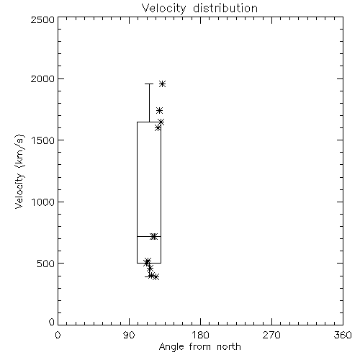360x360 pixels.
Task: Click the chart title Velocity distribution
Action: pyautogui.click(x=199, y=8)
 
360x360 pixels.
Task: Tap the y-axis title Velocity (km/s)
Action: pyautogui.click(x=19, y=171)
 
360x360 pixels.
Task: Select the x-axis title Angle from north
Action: pyautogui.click(x=199, y=347)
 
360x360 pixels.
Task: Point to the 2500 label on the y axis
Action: pyautogui.click(x=42, y=19)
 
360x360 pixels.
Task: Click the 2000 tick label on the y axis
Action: pyautogui.click(x=42, y=78)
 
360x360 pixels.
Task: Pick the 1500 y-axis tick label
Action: pyautogui.click(x=43, y=140)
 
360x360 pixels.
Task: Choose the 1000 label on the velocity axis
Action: pyautogui.click(x=43, y=202)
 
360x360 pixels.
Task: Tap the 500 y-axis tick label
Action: pyautogui.click(x=46, y=264)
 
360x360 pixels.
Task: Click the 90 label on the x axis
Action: pyautogui.click(x=129, y=335)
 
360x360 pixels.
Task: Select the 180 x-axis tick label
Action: pyautogui.click(x=200, y=335)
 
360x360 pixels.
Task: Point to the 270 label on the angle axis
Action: pyautogui.click(x=271, y=335)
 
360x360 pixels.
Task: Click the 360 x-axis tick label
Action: pyautogui.click(x=343, y=335)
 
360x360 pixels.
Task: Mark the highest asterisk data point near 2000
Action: pyautogui.click(x=163, y=84)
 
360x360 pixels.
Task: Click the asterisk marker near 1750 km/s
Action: pyautogui.click(x=159, y=110)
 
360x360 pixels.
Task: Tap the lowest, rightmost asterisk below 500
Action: pyautogui.click(x=156, y=277)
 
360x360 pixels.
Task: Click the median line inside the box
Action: pyautogui.click(x=149, y=237)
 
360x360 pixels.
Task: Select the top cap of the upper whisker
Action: pyautogui.click(x=149, y=84)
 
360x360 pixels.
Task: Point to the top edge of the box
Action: pyautogui.click(x=149, y=122)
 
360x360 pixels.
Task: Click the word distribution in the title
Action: pyautogui.click(x=225, y=8)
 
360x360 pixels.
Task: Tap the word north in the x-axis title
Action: pyautogui.click(x=229, y=347)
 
